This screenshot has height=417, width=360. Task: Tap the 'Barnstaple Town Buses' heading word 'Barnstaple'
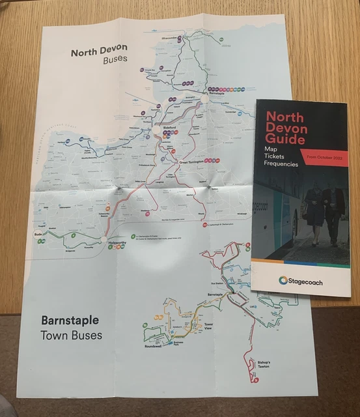(x=71, y=321)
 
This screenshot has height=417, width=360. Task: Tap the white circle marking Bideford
(x=156, y=132)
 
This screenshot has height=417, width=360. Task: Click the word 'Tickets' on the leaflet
(x=277, y=156)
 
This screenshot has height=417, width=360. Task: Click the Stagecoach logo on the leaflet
(x=301, y=281)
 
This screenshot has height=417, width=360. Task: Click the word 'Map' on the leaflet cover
(x=271, y=149)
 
